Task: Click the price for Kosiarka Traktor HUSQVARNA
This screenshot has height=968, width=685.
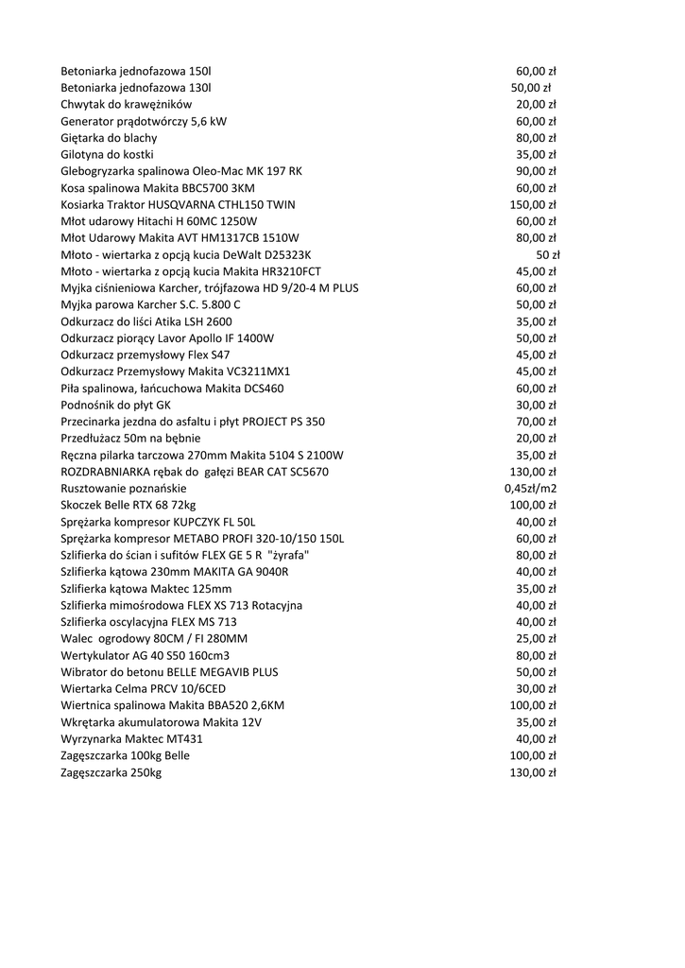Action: click(533, 204)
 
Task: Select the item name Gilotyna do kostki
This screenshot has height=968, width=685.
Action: click(107, 154)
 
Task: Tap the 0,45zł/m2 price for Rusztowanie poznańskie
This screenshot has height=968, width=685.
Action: click(530, 489)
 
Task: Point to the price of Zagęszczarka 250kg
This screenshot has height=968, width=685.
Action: click(533, 772)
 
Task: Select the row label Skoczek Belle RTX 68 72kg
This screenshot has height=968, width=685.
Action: click(128, 506)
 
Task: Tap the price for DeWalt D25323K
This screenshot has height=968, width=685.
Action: click(548, 255)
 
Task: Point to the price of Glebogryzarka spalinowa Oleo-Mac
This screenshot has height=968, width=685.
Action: click(536, 171)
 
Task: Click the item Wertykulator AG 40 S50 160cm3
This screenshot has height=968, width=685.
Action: click(145, 655)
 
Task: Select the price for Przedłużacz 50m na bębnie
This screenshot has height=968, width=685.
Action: click(536, 439)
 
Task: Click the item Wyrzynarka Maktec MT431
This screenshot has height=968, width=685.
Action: click(131, 739)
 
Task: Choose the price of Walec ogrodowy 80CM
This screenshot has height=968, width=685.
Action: click(536, 639)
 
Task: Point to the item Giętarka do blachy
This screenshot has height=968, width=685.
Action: click(109, 138)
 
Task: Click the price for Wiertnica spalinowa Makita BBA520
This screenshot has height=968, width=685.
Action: click(533, 705)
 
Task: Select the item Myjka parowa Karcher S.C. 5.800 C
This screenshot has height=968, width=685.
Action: click(150, 304)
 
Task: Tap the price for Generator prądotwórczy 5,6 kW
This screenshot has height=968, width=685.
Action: click(536, 121)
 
